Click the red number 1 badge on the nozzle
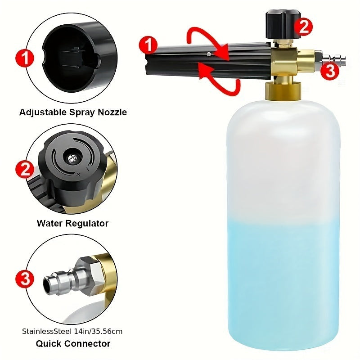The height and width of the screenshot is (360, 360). [x=148, y=45]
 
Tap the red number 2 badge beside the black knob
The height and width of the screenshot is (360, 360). [x=303, y=27]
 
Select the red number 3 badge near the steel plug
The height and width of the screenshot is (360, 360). [x=330, y=71]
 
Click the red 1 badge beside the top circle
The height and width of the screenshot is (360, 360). [x=25, y=58]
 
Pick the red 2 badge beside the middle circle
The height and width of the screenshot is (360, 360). [x=25, y=170]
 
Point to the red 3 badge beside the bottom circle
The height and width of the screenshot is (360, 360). [x=25, y=279]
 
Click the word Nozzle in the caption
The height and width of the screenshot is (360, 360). [x=112, y=112]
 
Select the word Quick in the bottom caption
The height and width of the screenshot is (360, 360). [x=49, y=344]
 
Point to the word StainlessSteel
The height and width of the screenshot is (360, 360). [x=47, y=332]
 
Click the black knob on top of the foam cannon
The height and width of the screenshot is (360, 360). [x=283, y=24]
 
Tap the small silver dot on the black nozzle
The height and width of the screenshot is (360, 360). [x=208, y=54]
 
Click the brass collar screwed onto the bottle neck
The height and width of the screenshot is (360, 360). [x=283, y=91]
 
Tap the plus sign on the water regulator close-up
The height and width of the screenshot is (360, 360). [x=78, y=175]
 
